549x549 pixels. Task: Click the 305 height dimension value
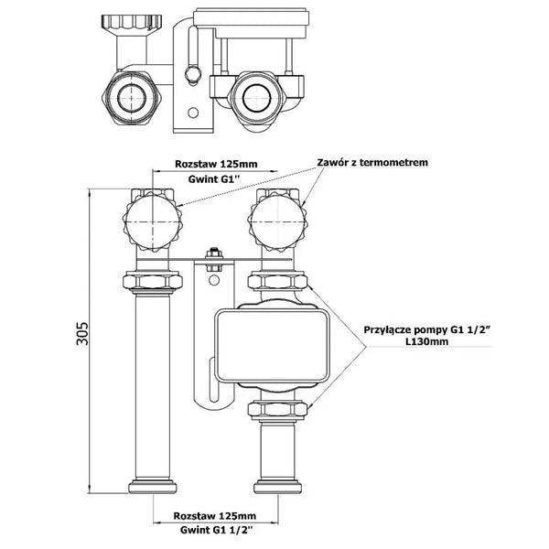click(82, 333)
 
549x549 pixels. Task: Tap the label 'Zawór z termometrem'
click(372, 163)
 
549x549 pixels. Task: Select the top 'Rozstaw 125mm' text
click(216, 164)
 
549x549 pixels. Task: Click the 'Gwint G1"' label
click(214, 179)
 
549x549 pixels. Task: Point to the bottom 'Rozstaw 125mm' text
click(215, 516)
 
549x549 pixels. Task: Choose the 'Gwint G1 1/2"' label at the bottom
click(216, 530)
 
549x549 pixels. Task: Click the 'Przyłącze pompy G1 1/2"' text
click(425, 330)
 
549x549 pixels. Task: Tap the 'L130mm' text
click(426, 341)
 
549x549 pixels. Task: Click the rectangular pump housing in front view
click(272, 346)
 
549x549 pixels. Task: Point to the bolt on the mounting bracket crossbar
click(214, 260)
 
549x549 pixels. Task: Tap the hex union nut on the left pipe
click(152, 281)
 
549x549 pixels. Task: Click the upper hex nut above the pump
click(277, 281)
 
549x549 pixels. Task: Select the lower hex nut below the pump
click(277, 408)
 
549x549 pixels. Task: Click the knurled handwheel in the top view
click(132, 23)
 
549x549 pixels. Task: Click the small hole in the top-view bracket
click(193, 113)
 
